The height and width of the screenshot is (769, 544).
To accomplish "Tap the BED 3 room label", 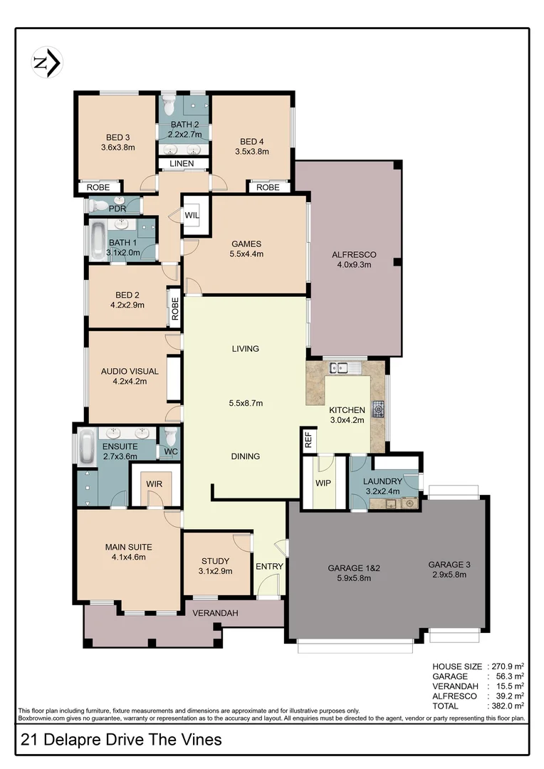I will click(117, 137).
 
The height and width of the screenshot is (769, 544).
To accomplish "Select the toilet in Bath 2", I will click(169, 107).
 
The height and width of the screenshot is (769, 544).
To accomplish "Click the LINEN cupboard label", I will click(182, 164).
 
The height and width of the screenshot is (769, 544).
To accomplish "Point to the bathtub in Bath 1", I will click(98, 241).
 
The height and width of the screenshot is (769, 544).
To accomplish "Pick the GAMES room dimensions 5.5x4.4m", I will click(246, 253).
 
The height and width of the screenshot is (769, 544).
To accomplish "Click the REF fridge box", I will click(308, 439).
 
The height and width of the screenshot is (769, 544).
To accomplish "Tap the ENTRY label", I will click(269, 567).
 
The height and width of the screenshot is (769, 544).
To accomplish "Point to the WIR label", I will click(155, 483).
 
